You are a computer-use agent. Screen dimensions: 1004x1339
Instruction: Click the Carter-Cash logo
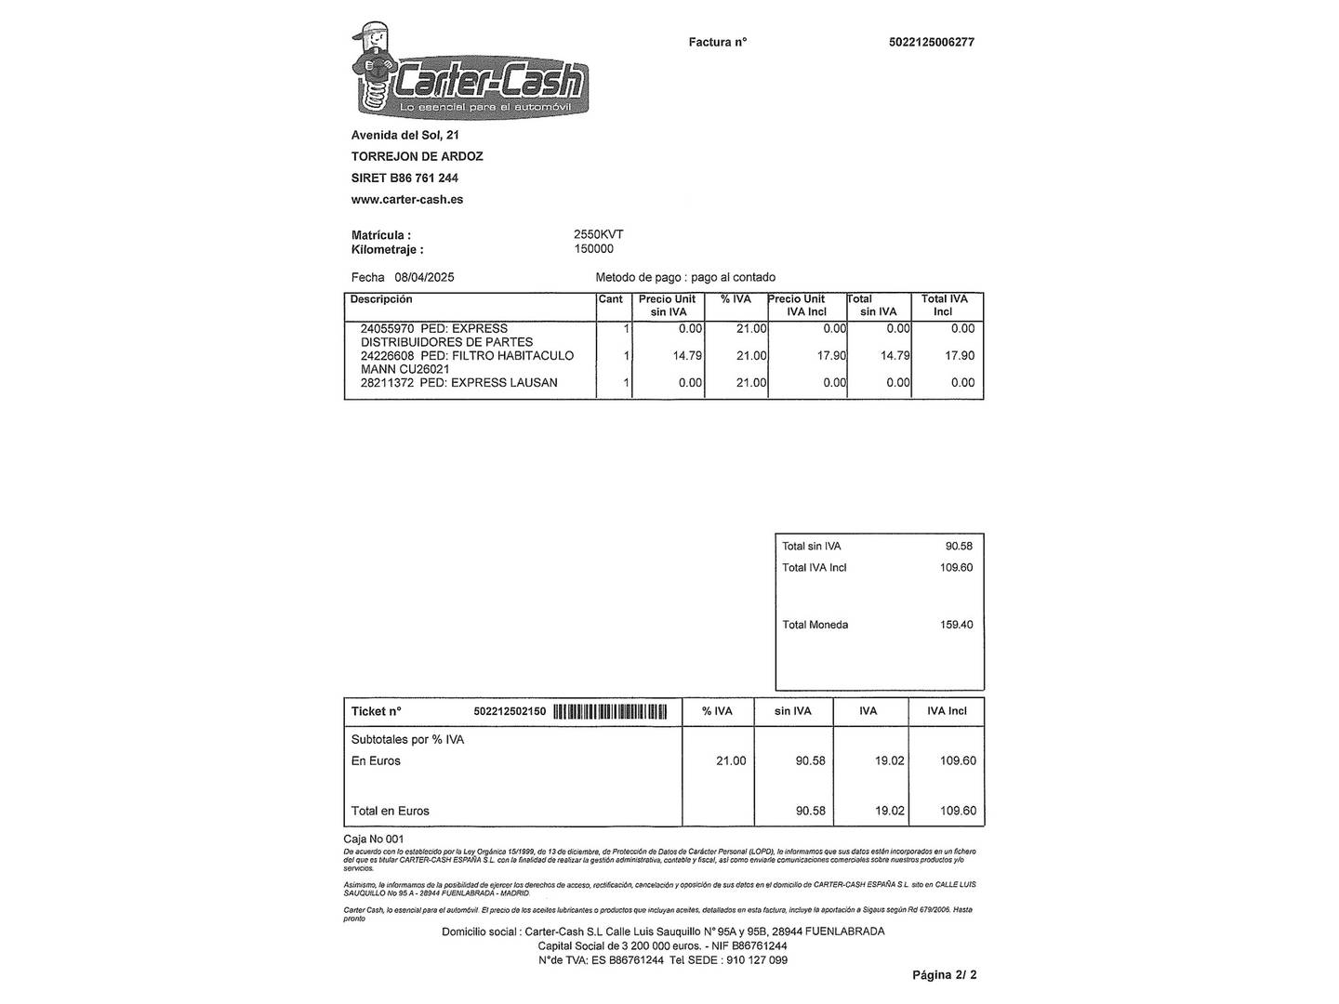[x=470, y=72]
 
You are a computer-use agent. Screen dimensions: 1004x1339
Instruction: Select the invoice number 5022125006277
[x=932, y=42]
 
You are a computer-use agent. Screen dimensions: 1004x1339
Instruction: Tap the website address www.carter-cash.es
[x=407, y=200]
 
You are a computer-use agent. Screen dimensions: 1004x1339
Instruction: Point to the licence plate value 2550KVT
[x=599, y=235]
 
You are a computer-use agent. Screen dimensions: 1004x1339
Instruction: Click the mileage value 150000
[x=594, y=249]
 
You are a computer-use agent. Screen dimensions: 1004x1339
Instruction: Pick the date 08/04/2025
[x=424, y=277]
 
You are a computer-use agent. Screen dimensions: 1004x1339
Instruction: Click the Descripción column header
[x=381, y=299]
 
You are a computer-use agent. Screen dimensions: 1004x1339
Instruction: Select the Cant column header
[x=611, y=299]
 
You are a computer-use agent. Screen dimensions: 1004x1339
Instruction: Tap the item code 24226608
[x=387, y=356]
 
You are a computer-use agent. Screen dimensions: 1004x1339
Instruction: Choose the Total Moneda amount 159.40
[x=956, y=625]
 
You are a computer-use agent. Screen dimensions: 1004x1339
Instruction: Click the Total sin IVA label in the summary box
[x=812, y=547]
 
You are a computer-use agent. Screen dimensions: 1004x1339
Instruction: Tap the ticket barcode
[x=610, y=712]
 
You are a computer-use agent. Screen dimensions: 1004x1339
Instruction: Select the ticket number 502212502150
[x=510, y=712]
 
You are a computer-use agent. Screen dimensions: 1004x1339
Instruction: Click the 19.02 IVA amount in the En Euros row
[x=889, y=761]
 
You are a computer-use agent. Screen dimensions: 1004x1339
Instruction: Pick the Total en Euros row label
[x=391, y=812]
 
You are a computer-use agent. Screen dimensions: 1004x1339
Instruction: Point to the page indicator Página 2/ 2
[x=944, y=975]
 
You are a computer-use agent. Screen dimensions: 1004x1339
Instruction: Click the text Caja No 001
[x=374, y=839]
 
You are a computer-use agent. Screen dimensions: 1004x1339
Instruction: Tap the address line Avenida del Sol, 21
[x=405, y=136]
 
